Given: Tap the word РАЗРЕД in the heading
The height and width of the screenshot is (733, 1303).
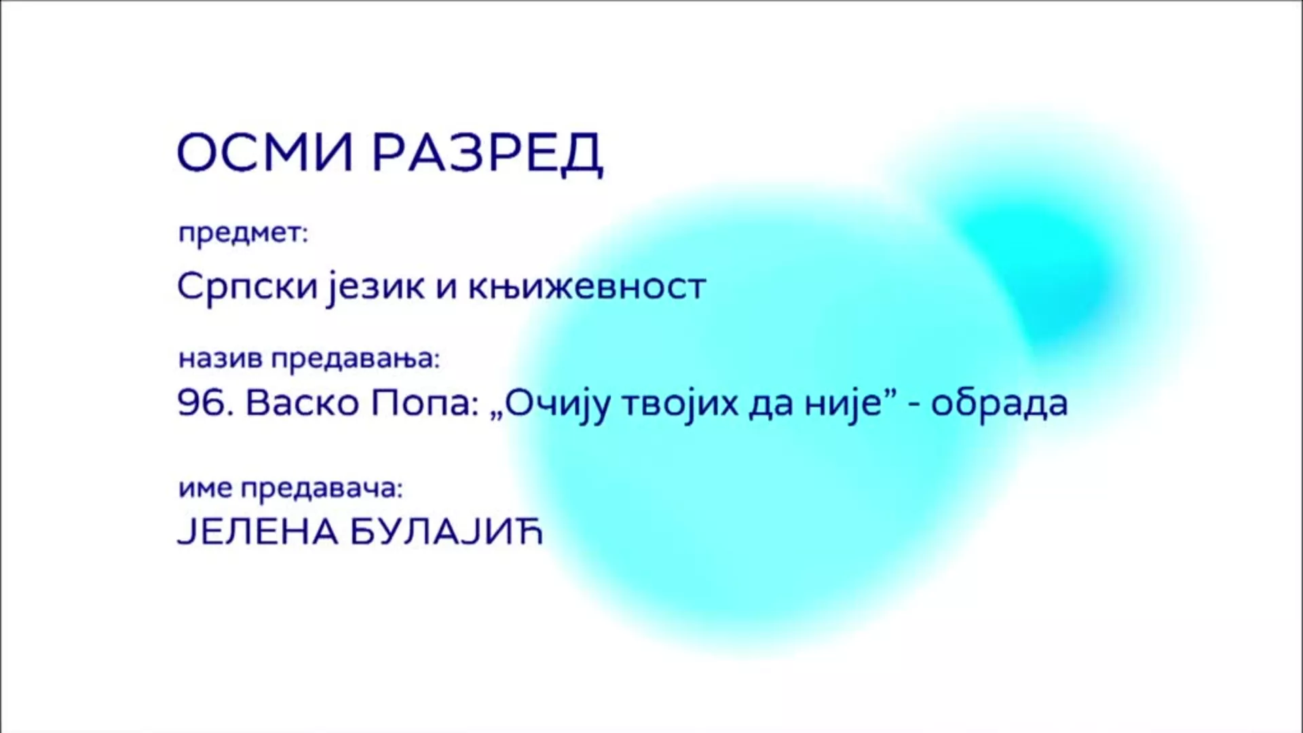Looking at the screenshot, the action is tap(488, 154).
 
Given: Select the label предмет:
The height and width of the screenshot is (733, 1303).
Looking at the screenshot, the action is tap(243, 234).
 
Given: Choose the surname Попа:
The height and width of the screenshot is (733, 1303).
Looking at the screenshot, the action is tap(421, 404).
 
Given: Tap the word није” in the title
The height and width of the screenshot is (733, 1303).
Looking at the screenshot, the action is tap(848, 406).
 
